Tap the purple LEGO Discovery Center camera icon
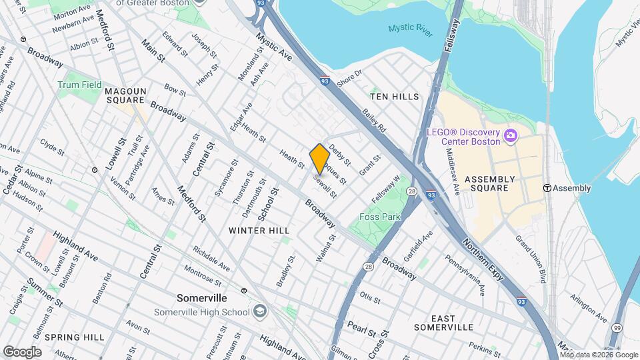[x=511, y=136]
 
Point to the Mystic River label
[x=411, y=29]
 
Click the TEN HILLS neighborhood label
[x=395, y=97]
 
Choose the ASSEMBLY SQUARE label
[x=489, y=184]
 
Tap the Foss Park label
[x=379, y=217]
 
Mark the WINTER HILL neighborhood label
[x=259, y=230]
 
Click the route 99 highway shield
[x=617, y=327]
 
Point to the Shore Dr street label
[x=349, y=78]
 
